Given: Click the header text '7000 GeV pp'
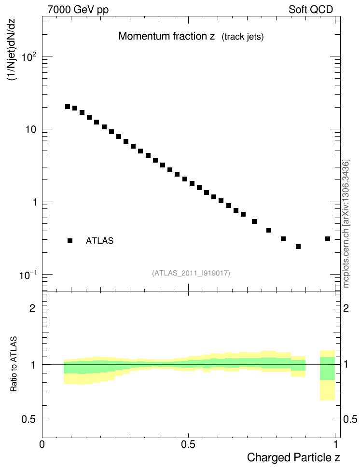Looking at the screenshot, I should coord(78,10).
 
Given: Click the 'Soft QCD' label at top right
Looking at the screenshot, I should coord(311,10).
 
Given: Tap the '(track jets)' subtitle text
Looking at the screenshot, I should coord(242,37).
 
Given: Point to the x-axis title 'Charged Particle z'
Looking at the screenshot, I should coord(293,457).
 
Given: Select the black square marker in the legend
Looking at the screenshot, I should coord(70,241).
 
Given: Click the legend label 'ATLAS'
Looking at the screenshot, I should coord(99,241).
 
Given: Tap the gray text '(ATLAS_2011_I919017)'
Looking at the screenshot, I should coord(191,273).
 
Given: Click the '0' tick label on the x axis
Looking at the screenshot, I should coord(42,443).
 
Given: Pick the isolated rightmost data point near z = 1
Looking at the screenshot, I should coord(328,239).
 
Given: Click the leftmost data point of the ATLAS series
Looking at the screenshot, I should coord(68,107).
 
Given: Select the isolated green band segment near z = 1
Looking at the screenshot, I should coord(328,368).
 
